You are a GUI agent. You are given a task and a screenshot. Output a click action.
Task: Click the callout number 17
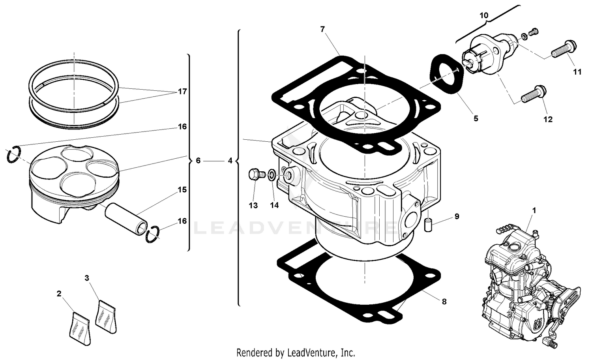[182, 92]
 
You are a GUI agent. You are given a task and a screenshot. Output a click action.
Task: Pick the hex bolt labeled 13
[255, 174]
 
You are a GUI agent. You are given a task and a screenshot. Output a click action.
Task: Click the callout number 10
[483, 15]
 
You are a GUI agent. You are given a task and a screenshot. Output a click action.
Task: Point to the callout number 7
[322, 29]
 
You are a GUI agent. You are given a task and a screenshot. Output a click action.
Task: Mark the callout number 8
[444, 302]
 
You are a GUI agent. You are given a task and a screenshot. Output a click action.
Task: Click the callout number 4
[230, 161]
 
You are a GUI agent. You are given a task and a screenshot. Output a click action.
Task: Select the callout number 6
[198, 161]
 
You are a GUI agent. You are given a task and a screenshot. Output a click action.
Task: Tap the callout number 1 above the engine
[534, 211]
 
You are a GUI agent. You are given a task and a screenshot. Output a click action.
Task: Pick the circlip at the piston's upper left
[13, 154]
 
